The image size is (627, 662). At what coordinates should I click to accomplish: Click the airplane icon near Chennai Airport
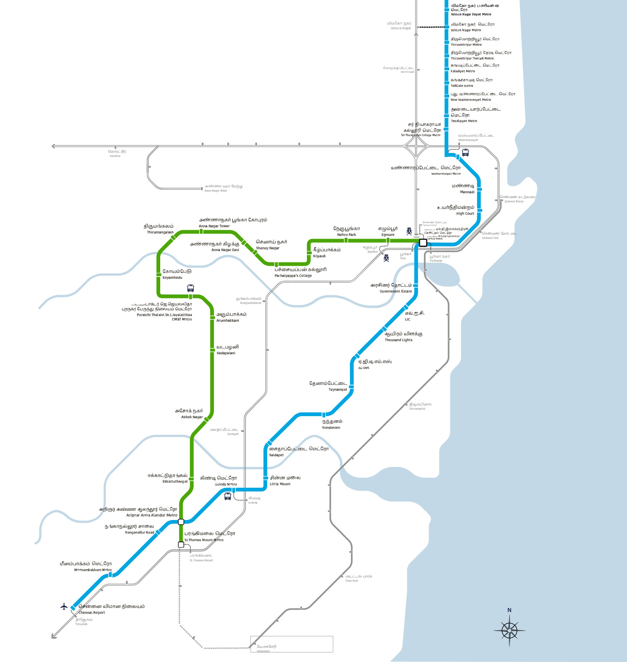tap(64, 606)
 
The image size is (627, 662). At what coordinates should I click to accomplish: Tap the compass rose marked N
tap(509, 630)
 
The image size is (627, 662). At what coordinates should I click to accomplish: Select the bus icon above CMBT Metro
tap(190, 288)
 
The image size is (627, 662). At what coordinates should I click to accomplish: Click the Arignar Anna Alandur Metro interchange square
tap(181, 522)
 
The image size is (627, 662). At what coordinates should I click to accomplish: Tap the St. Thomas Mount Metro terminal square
tap(181, 544)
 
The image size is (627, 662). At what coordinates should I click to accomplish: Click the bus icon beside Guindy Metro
tap(227, 496)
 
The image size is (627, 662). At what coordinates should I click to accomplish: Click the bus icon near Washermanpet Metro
tap(465, 152)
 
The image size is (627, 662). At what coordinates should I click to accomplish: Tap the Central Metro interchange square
tap(423, 243)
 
